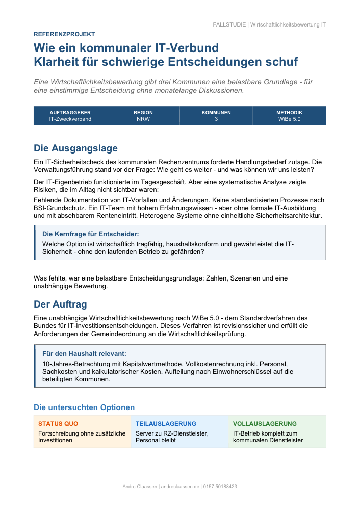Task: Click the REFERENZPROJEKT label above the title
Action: (x=64, y=34)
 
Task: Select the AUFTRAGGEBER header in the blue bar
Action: (x=70, y=113)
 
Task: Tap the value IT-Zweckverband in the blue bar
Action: (x=70, y=119)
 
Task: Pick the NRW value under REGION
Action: (x=143, y=119)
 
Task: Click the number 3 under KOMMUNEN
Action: (x=216, y=119)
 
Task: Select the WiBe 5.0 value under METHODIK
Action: (x=290, y=119)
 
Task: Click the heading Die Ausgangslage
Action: (x=75, y=148)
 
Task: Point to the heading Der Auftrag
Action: (x=60, y=304)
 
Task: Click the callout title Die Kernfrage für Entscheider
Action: (x=90, y=234)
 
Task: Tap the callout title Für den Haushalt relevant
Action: (x=84, y=353)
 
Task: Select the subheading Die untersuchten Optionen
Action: (x=84, y=407)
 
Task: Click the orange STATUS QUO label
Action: (x=58, y=424)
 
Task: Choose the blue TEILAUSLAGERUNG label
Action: (x=166, y=424)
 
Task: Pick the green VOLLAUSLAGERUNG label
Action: (x=265, y=424)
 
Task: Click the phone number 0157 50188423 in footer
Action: (x=220, y=487)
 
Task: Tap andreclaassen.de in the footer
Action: (x=180, y=487)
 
